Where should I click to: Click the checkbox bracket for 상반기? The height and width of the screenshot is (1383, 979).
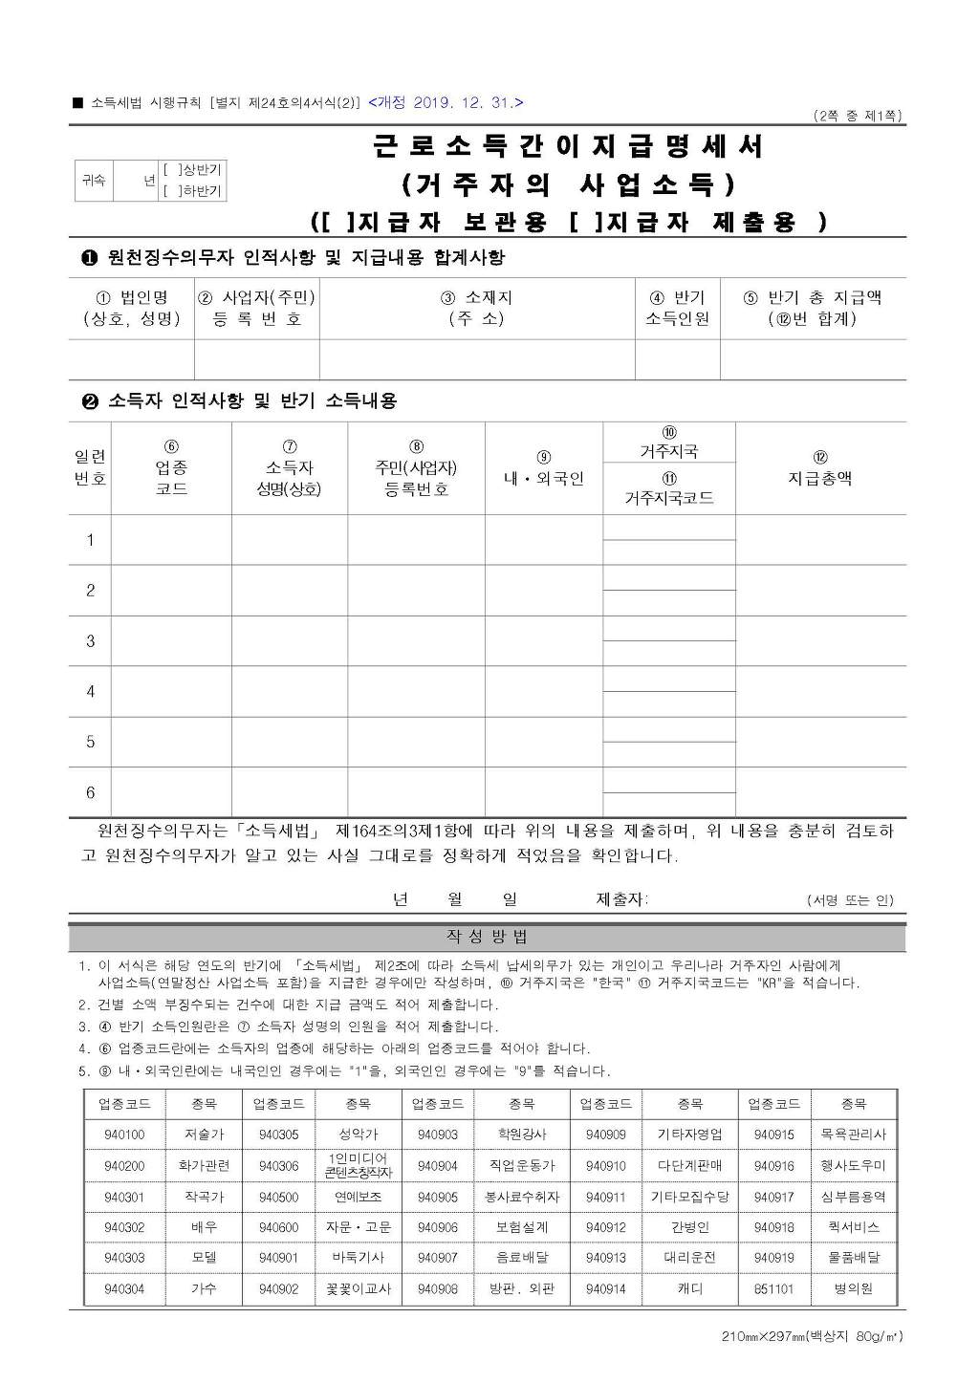click(169, 170)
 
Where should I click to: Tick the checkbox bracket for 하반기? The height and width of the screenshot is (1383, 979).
click(169, 191)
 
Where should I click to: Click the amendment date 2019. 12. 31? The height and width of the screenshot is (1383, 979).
click(446, 103)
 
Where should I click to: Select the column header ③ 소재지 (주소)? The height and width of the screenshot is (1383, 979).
click(476, 308)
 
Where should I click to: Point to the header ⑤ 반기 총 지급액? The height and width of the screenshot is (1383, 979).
click(813, 308)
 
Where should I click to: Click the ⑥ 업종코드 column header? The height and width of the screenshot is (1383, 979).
click(171, 467)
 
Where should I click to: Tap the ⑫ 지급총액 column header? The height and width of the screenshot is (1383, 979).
click(820, 468)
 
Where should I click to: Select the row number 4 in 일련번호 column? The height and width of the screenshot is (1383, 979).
click(91, 691)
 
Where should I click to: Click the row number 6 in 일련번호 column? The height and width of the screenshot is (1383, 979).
click(91, 792)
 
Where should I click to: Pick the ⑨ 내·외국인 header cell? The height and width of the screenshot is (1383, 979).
click(543, 469)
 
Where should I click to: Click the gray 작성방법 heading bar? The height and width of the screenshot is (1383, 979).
click(487, 938)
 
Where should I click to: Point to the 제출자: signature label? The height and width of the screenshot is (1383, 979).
click(621, 899)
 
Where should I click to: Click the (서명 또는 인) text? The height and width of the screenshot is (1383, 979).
click(850, 900)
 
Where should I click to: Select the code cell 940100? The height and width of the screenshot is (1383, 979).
click(124, 1134)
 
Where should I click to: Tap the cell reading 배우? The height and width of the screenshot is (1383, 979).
click(204, 1227)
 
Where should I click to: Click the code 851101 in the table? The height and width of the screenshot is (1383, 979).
click(773, 1288)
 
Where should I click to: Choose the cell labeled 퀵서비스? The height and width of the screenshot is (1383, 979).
click(853, 1227)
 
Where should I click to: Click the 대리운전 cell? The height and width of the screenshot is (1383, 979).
click(689, 1258)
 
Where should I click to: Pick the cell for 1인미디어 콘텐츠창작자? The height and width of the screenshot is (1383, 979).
click(358, 1165)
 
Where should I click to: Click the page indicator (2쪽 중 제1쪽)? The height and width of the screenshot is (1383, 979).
click(858, 117)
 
